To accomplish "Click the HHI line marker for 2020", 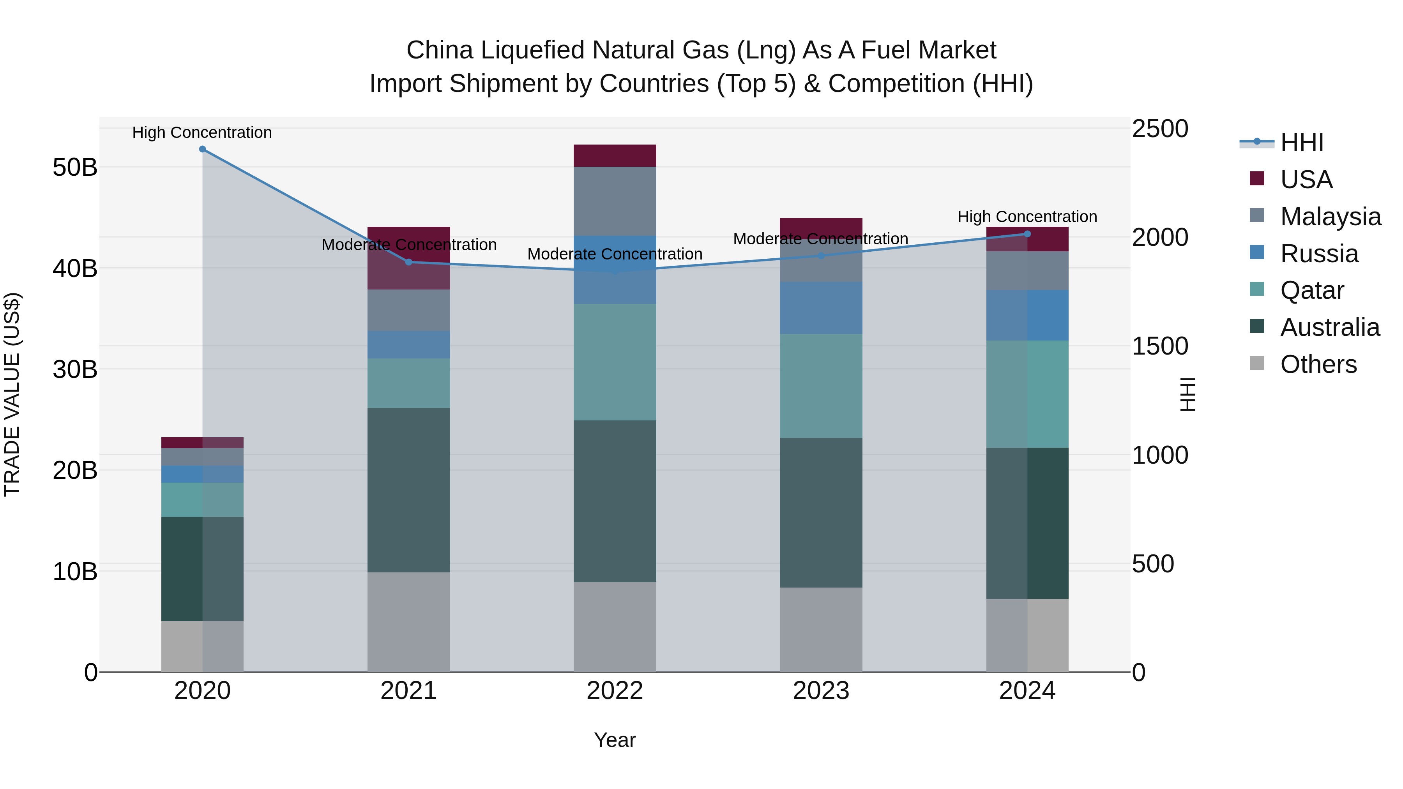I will pyautogui.click(x=203, y=149).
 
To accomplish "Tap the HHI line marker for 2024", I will pyautogui.click(x=1027, y=234).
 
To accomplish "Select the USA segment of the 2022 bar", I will pyautogui.click(x=615, y=156).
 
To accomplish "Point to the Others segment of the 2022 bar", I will pyautogui.click(x=615, y=627).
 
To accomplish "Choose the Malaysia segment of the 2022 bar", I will pyautogui.click(x=615, y=201).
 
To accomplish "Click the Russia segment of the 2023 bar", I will pyautogui.click(x=821, y=308).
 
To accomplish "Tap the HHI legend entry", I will pyautogui.click(x=1301, y=143).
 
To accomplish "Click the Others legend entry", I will pyautogui.click(x=1318, y=364).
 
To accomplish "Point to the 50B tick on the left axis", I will pyautogui.click(x=74, y=167).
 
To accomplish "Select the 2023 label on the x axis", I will pyautogui.click(x=821, y=691).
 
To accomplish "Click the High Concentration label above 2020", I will pyautogui.click(x=202, y=132).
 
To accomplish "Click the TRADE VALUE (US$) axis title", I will pyautogui.click(x=12, y=394).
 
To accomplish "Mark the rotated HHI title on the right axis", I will pyautogui.click(x=1188, y=394).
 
